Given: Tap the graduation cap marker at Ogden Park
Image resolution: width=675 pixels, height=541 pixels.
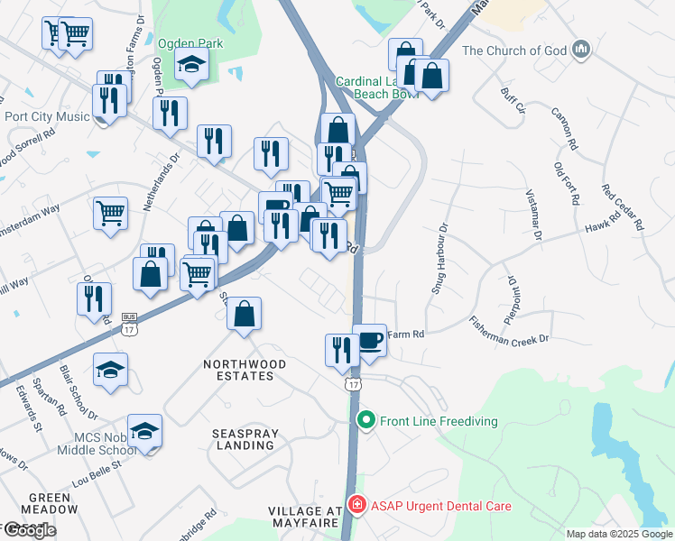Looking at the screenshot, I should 191,64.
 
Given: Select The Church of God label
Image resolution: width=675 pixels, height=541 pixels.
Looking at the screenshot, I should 514,50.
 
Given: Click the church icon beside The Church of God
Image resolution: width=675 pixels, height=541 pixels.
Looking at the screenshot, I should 580,49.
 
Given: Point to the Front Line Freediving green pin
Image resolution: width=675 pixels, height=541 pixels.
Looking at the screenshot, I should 365,420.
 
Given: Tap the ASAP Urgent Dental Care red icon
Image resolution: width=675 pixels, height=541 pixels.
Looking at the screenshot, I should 358,506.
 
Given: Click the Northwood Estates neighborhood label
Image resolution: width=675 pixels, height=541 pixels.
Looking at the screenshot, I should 245,371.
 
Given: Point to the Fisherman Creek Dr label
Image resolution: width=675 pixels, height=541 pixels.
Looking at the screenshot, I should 509,331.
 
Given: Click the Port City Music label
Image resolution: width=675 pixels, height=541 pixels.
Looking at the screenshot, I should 47,116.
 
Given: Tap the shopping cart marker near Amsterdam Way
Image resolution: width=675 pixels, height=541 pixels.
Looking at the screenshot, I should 110,215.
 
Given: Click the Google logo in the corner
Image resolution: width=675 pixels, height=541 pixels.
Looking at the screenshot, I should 30,529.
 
